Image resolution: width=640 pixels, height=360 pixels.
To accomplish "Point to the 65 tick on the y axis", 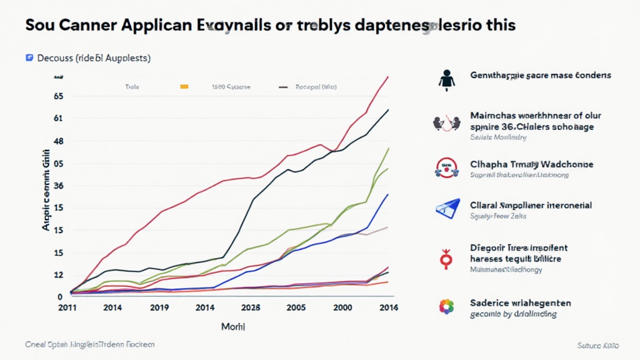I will pyautogui.click(x=59, y=96).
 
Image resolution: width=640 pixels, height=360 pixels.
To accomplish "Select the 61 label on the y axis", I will pyautogui.click(x=59, y=118).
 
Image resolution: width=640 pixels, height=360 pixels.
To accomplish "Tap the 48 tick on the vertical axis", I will pyautogui.click(x=59, y=141).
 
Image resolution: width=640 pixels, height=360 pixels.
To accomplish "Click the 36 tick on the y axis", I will pyautogui.click(x=59, y=186).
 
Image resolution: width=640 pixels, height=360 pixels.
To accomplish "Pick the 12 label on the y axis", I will pyautogui.click(x=59, y=275).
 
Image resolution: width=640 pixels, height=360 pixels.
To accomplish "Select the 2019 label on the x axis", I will pyautogui.click(x=159, y=307).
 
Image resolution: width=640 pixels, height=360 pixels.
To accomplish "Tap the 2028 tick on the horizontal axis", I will pyautogui.click(x=251, y=307).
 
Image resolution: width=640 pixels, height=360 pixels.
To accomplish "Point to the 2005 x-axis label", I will pyautogui.click(x=296, y=307).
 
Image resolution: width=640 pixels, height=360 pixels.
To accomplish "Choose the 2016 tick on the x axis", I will pyautogui.click(x=388, y=307).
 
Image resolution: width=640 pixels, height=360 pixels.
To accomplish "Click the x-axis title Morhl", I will pyautogui.click(x=234, y=327).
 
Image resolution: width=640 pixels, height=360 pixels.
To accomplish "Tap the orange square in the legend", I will pyautogui.click(x=184, y=87).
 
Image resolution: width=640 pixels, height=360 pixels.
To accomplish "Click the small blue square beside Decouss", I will pyautogui.click(x=29, y=58).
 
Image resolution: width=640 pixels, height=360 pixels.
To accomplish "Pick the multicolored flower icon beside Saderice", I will pyautogui.click(x=446, y=306).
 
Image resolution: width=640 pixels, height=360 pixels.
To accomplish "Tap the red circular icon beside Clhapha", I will pyautogui.click(x=446, y=166).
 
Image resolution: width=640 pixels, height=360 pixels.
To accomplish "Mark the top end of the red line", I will pyautogui.click(x=389, y=77).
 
